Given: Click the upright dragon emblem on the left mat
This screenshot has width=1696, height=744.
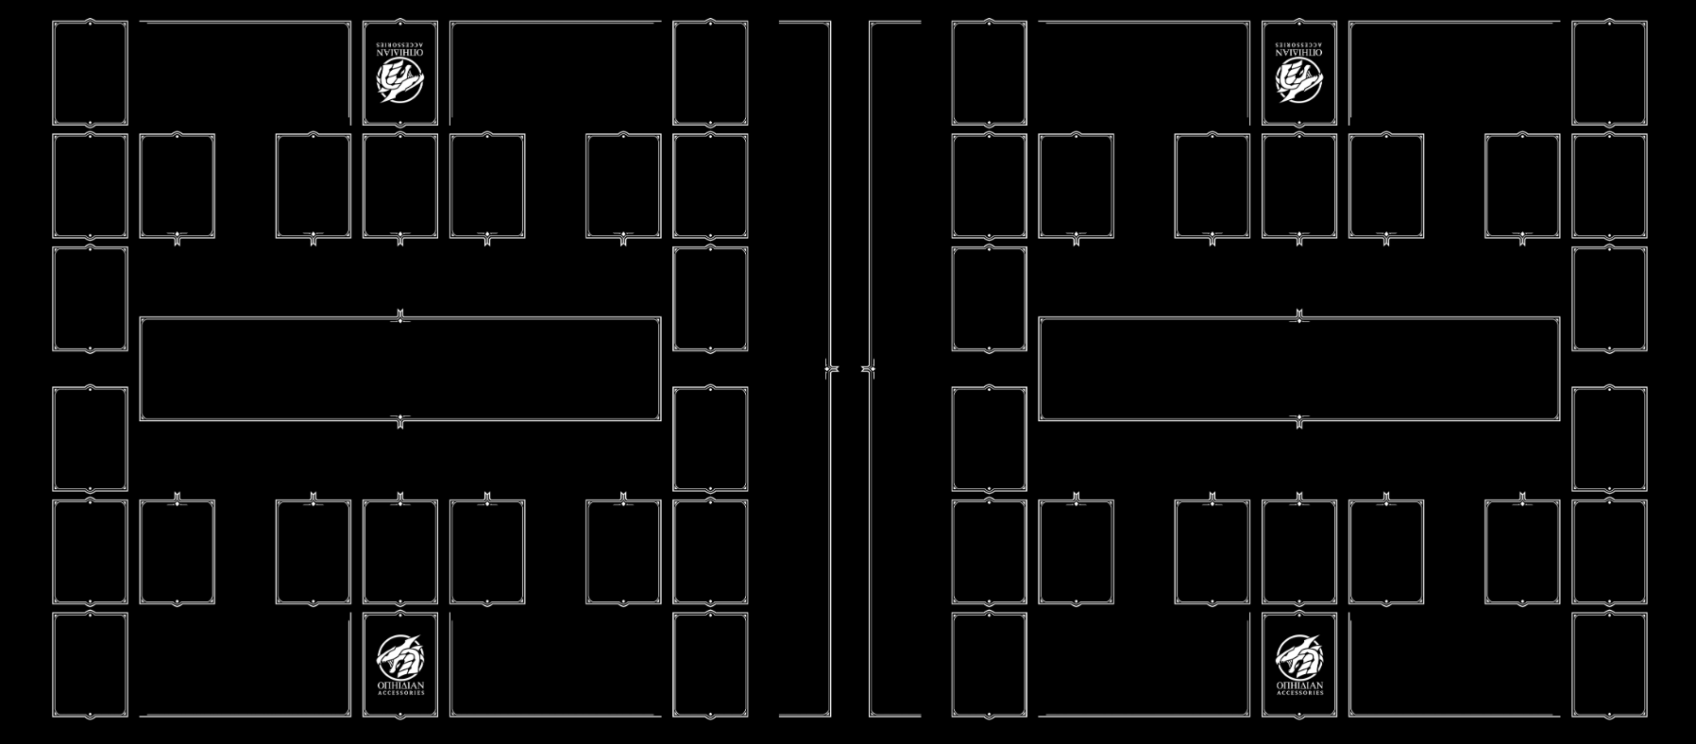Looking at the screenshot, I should pos(400,654).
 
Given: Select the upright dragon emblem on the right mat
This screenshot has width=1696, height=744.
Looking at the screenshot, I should pos(1299,654).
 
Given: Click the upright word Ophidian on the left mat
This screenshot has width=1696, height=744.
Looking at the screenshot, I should pos(400,685).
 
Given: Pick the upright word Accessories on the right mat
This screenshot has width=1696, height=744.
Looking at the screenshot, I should pos(1299,693).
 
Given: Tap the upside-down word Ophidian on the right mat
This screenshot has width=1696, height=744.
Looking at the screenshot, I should pos(1299,53).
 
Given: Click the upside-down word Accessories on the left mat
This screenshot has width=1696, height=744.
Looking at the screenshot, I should pos(400,43).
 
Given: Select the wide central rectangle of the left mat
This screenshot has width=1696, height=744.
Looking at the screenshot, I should pos(400,369).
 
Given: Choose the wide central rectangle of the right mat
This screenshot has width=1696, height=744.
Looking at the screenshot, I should pos(1299,369).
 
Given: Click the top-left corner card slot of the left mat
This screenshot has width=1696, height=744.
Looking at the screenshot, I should pos(90,74).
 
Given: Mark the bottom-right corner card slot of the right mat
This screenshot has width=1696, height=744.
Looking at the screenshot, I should pos(1609,665).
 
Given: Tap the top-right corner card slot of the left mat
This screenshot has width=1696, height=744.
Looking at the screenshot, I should pos(710,74).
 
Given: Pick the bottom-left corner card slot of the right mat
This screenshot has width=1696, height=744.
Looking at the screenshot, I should pos(989,665).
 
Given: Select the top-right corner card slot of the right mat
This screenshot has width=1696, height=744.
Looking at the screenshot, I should pos(1609,74).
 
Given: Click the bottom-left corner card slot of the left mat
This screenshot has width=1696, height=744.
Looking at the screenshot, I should pos(90,665).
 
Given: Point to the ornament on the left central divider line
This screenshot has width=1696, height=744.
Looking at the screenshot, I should pos(831,368).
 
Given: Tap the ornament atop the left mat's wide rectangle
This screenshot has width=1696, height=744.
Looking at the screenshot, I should pos(400,317).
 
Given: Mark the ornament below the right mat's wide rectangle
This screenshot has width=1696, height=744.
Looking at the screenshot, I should pos(1299,420).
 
